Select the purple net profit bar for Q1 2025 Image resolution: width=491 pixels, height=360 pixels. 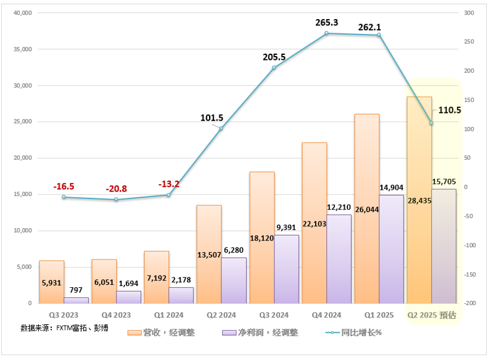391,249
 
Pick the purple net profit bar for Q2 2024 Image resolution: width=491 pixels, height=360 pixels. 234,280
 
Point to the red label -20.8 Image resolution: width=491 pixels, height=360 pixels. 116,188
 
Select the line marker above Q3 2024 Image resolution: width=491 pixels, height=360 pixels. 274,67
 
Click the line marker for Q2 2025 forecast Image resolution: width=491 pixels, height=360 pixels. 431,123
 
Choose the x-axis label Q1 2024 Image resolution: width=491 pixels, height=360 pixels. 169,315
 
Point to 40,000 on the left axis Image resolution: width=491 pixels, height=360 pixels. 22,13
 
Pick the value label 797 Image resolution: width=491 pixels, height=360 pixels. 76,290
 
